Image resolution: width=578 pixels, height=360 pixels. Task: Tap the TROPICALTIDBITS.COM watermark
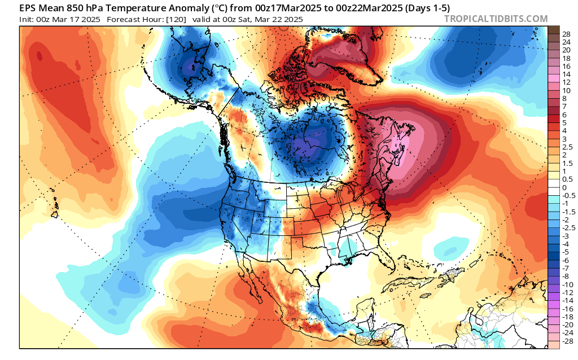pos(496,19)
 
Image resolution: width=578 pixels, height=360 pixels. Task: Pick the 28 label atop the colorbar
pos(566,34)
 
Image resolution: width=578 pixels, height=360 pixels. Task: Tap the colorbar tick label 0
pos(564,187)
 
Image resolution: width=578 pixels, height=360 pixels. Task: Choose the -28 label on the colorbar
pos(567,341)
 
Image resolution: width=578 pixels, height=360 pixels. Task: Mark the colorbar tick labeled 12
pos(566,82)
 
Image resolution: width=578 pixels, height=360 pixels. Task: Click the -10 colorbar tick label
pos(567,284)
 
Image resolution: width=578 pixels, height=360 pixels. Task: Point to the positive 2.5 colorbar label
pos(567,147)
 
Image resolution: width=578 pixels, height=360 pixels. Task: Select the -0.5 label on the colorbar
pos(567,195)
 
